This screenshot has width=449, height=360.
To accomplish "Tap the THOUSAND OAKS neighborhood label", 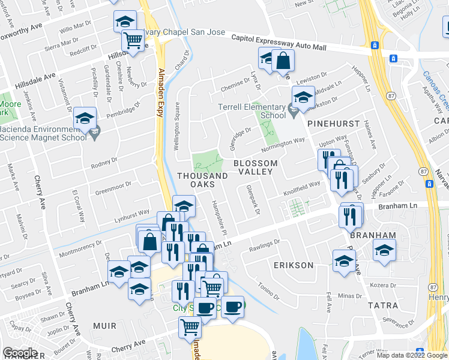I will coord(202,180).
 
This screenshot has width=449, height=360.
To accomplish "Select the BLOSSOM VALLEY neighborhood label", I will coord(255,167).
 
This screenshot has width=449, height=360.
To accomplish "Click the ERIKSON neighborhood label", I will coord(294,265).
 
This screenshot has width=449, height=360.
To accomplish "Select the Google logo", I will coord(20,353).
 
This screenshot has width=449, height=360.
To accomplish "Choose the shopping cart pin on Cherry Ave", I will coord(190,328).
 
